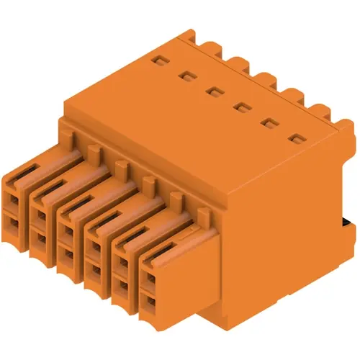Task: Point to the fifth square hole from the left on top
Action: pos(269,122)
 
